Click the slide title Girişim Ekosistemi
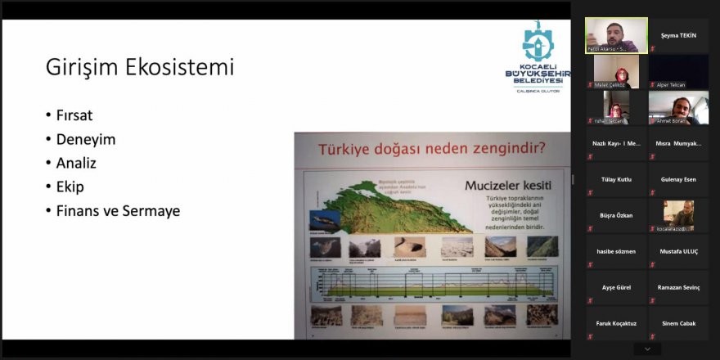tap(140, 67)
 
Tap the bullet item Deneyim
tap(85, 139)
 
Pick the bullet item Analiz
tap(76, 163)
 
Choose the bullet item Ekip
tap(70, 187)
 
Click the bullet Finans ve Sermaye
tap(118, 210)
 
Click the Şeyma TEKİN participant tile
tap(678, 35)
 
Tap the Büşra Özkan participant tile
tap(616, 215)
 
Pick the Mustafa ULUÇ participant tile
tap(678, 251)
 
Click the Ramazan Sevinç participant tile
tap(678, 287)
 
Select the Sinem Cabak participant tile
tap(678, 323)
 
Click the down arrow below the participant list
tap(647, 349)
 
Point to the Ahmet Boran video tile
tap(678, 107)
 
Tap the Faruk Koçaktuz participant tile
tap(616, 323)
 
